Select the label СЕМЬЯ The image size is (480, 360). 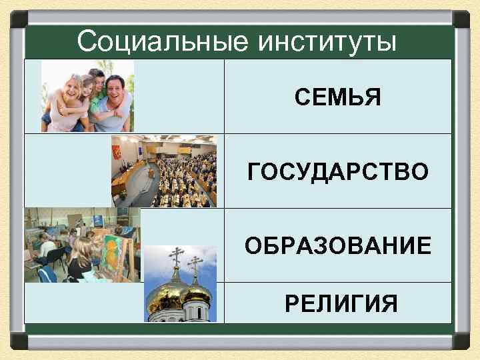pyautogui.click(x=338, y=97)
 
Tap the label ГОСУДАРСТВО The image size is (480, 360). pyautogui.click(x=338, y=172)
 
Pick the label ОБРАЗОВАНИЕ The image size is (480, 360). pyautogui.click(x=338, y=247)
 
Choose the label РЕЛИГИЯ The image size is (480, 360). pyautogui.click(x=341, y=303)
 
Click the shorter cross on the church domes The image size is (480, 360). pyautogui.click(x=195, y=265)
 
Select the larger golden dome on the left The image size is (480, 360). pyautogui.click(x=167, y=293)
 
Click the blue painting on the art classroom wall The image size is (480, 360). pyautogui.click(x=99, y=220)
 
